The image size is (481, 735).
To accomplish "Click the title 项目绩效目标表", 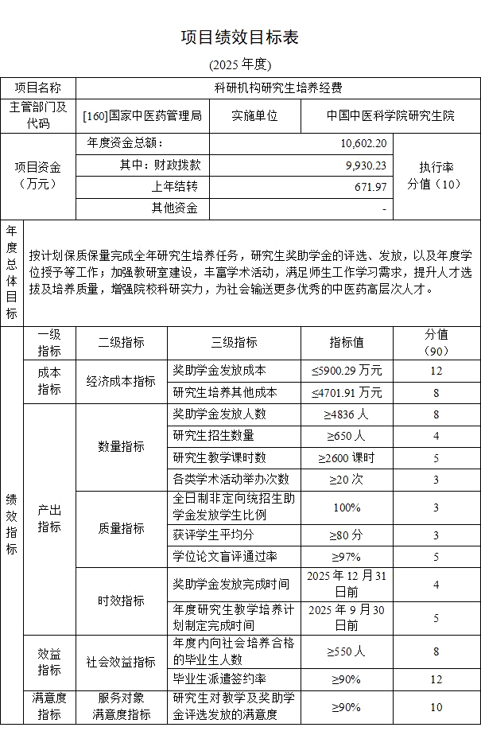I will pyautogui.click(x=240, y=37).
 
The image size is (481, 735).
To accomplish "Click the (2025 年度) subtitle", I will pyautogui.click(x=240, y=64).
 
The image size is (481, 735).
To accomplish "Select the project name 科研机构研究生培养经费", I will pyautogui.click(x=277, y=87).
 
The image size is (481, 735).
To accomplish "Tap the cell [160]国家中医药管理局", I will pyautogui.click(x=142, y=115).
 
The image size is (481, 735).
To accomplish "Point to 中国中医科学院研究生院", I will pyautogui.click(x=390, y=115).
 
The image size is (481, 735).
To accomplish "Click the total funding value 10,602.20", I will pyautogui.click(x=363, y=143).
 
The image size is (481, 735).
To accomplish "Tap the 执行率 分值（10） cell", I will pyautogui.click(x=436, y=176).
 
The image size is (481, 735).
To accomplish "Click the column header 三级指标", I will pyautogui.click(x=234, y=342).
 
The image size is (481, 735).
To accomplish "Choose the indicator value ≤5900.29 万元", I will pyautogui.click(x=347, y=370).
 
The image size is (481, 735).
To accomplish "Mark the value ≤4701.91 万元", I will pyautogui.click(x=347, y=392).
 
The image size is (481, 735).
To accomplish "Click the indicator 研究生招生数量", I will pyautogui.click(x=213, y=435).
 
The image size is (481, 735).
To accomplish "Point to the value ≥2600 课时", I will pyautogui.click(x=347, y=457).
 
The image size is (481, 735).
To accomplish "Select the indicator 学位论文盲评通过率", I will pyautogui.click(x=225, y=556).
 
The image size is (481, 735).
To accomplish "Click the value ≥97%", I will pyautogui.click(x=347, y=556).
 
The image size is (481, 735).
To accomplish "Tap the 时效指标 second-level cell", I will pyautogui.click(x=121, y=601).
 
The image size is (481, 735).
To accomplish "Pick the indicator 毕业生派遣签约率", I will pyautogui.click(x=219, y=679).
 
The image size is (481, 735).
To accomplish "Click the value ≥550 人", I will pyautogui.click(x=347, y=651).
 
